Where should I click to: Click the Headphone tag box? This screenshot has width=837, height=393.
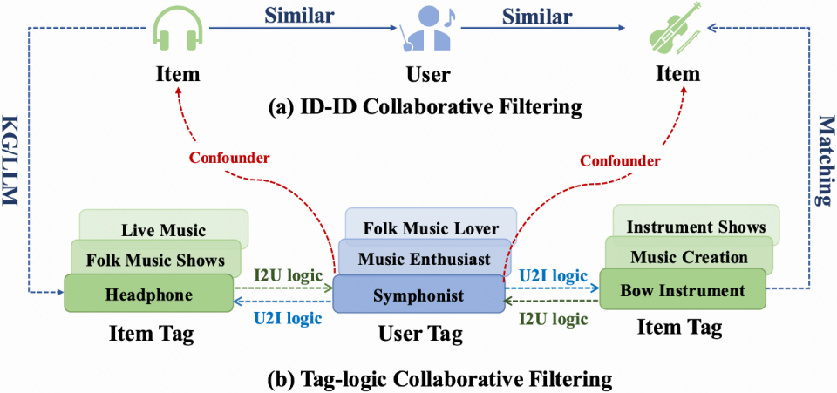(149, 294)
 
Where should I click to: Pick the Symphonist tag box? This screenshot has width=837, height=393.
(418, 294)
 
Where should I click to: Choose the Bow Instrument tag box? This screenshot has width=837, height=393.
(682, 290)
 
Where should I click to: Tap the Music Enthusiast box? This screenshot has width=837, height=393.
(424, 259)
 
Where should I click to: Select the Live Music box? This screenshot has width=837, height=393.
(163, 228)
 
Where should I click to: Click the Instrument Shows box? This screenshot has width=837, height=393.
(696, 225)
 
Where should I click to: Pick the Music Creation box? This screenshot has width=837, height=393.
(689, 256)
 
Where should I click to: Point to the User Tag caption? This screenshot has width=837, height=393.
(420, 334)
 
